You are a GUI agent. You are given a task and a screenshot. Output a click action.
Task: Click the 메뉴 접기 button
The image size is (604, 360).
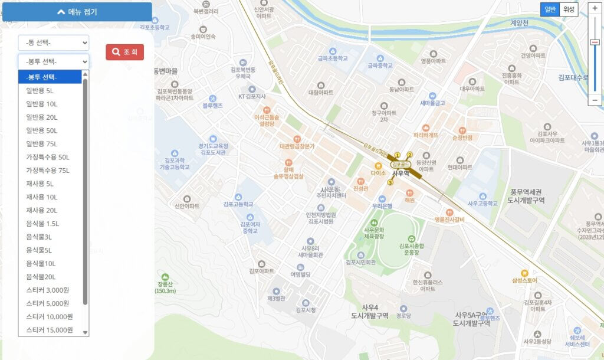point(76,12)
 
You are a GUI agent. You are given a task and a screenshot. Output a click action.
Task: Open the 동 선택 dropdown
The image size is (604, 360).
point(53,42)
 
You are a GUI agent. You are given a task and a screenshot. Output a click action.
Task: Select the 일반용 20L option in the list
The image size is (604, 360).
point(42,117)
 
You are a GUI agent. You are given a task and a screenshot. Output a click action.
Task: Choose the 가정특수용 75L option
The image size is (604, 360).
point(48,170)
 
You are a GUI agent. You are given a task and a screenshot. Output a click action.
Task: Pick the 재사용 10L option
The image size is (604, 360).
point(42,197)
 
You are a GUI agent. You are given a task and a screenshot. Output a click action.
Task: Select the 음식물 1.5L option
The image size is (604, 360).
point(42,223)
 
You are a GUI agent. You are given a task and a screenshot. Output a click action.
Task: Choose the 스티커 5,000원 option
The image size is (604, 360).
point(48,303)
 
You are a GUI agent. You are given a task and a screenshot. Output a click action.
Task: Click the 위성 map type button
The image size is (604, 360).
point(569,9)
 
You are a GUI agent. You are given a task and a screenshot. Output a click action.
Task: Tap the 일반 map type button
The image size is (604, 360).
point(550,9)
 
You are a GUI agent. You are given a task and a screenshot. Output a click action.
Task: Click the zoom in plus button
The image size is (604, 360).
point(595,8)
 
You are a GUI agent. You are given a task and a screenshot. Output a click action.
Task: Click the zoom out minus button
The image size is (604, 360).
point(595,100)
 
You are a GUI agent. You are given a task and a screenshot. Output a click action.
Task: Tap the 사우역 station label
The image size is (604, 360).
point(401,173)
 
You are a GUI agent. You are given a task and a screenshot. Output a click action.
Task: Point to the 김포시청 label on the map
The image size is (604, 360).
point(306,310)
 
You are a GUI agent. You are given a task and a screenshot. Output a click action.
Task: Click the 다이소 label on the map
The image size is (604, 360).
point(378,174)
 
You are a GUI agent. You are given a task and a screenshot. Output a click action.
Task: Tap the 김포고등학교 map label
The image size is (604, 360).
point(238,204)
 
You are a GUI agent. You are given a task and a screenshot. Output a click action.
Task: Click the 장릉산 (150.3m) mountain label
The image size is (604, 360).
point(165,287)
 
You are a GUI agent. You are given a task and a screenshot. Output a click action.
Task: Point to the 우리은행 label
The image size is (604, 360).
point(382,207)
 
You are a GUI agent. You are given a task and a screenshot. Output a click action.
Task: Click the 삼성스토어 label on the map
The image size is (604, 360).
point(525,280)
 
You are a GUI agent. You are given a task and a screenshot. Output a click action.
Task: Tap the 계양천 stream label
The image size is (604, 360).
point(520,23)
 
